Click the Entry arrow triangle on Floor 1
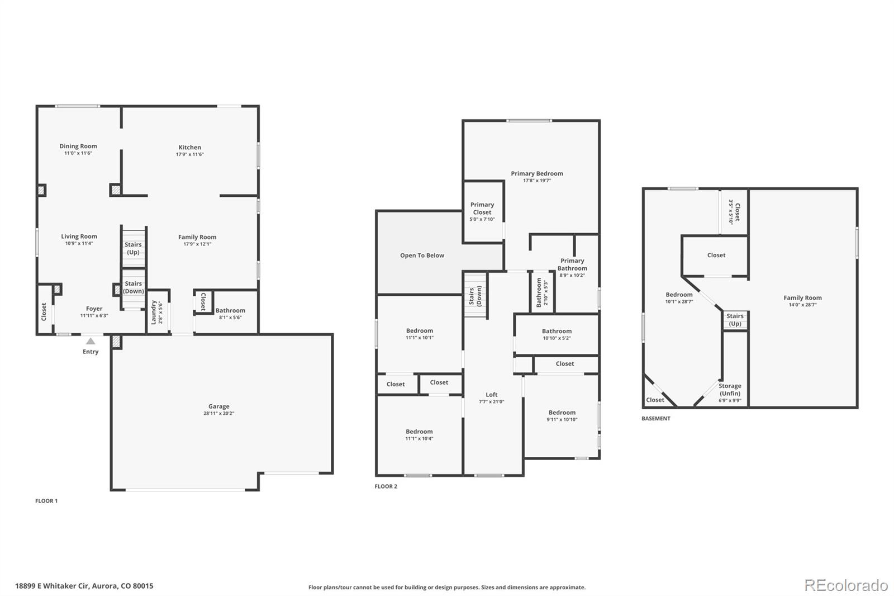(91, 341)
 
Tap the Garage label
(219, 406)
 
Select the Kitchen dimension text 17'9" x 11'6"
(190, 154)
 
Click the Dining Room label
(78, 146)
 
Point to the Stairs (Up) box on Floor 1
(134, 248)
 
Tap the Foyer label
(94, 309)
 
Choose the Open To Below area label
(422, 256)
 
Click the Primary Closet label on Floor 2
(482, 209)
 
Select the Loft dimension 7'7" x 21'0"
(492, 401)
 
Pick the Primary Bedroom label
(537, 174)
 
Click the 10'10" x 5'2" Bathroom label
(557, 334)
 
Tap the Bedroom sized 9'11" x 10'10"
(562, 415)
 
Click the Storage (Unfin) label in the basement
(730, 390)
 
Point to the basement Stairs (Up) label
(735, 320)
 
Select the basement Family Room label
(802, 298)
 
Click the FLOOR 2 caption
(386, 486)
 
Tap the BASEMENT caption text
(656, 419)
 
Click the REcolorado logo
(846, 585)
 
